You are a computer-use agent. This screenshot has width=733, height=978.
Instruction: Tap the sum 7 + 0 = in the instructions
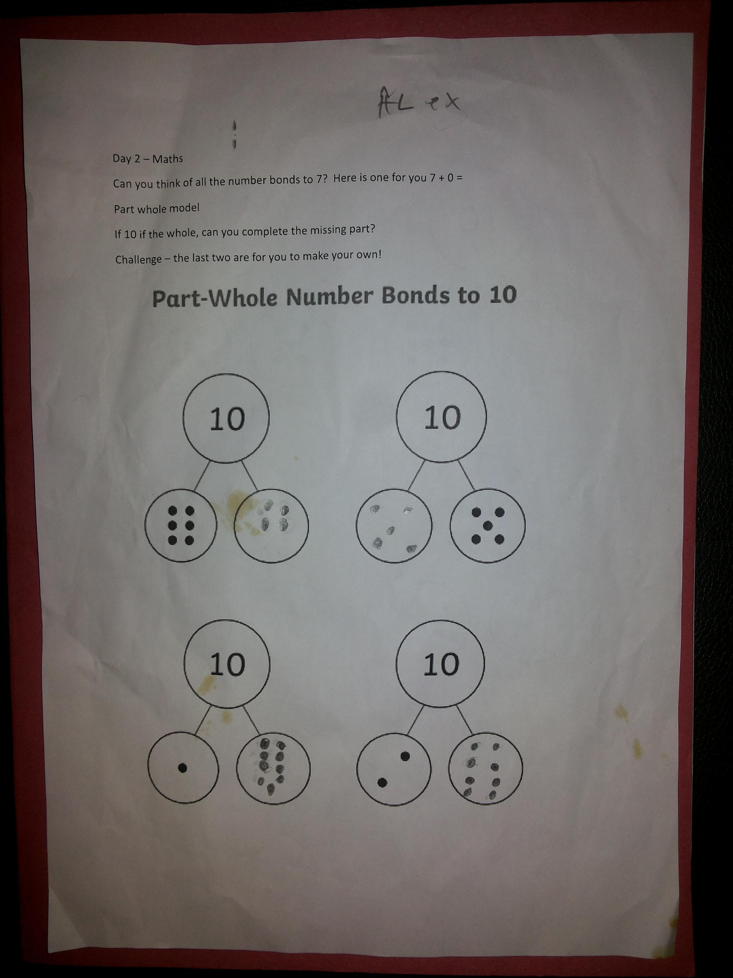446,178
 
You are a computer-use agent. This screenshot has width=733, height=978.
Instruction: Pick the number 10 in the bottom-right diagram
441,664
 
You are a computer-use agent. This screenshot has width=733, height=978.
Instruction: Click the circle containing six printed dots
181,526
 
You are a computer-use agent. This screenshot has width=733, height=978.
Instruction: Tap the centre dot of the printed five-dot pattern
488,526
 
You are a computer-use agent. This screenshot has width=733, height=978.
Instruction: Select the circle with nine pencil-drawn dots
273,768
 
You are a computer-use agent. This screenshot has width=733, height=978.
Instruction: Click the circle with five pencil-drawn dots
394,526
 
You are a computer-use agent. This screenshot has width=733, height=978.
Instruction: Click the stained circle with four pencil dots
271,526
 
